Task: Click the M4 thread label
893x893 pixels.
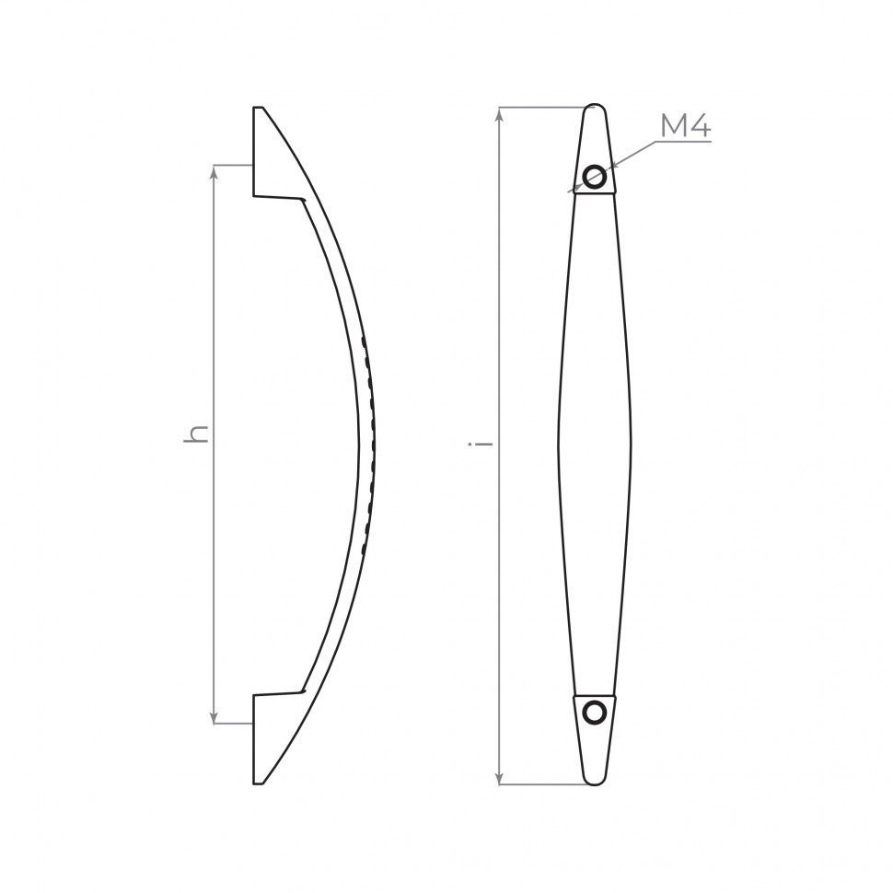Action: pyautogui.click(x=686, y=126)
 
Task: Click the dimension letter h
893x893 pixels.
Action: pyautogui.click(x=196, y=434)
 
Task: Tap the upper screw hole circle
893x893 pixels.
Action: pyautogui.click(x=594, y=176)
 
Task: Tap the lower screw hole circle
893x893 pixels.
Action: pyautogui.click(x=594, y=713)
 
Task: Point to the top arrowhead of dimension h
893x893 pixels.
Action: pyautogui.click(x=215, y=172)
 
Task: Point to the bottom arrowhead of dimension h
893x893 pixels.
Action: pyautogui.click(x=215, y=716)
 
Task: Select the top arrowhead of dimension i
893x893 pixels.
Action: pyautogui.click(x=500, y=114)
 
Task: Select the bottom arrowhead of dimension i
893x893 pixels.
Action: pyautogui.click(x=500, y=777)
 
